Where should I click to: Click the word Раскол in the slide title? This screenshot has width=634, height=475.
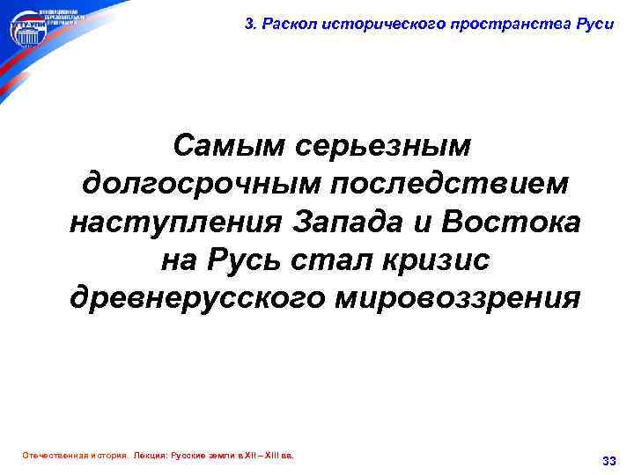[x=280, y=24]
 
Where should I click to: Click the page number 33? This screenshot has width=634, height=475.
[x=608, y=460]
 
